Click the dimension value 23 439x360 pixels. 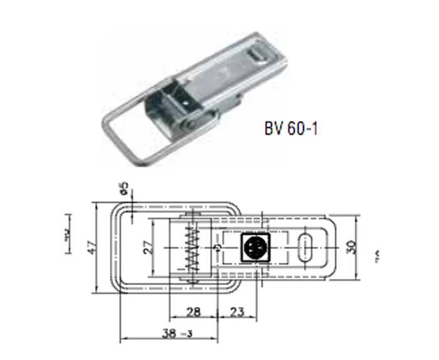point(238,312)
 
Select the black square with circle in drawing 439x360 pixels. point(254,248)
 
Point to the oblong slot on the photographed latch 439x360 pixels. point(257,57)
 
